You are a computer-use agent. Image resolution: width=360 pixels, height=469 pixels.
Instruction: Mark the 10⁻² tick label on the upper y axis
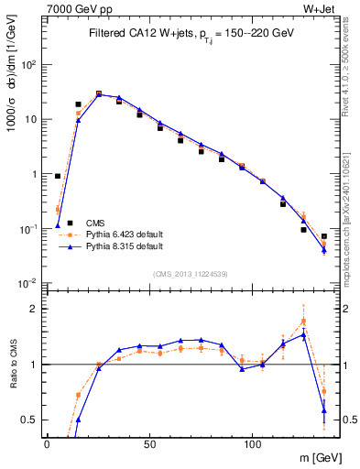(x=28, y=282)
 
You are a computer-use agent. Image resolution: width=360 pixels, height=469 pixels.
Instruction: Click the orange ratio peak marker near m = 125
(x=303, y=322)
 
